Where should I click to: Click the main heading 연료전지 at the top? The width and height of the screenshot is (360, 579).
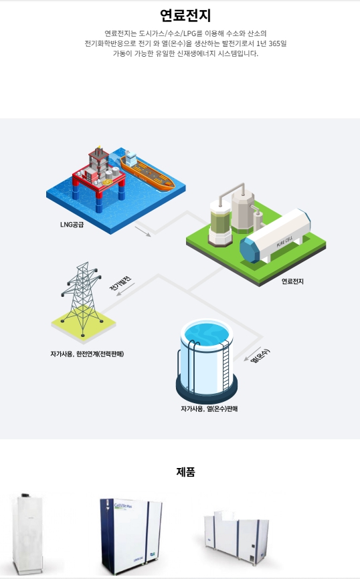pos(185,15)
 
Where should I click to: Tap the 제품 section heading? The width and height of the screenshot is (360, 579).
pos(185,471)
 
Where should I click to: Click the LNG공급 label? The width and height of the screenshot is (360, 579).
pos(72,225)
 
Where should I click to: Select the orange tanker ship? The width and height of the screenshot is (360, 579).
pos(147,171)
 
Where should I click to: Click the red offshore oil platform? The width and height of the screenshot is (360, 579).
pos(99,178)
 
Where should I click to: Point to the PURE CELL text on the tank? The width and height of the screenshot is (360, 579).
pos(284,241)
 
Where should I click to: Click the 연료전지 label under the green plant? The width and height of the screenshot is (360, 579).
pos(292,281)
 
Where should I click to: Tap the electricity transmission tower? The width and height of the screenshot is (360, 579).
pos(82,298)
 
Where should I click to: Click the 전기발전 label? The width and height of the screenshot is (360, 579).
pos(120,283)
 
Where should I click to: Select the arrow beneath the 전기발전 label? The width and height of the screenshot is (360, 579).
pos(126,289)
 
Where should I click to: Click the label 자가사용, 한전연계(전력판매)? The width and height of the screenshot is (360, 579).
pos(87,354)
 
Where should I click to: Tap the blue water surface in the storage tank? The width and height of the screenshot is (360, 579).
pos(207,334)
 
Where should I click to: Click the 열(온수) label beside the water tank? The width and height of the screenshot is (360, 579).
pos(260,355)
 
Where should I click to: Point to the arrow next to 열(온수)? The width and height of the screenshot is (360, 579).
pos(253,354)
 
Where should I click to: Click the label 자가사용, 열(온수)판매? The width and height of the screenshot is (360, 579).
pos(209,409)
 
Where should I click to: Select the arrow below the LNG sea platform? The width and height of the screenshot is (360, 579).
pos(143,231)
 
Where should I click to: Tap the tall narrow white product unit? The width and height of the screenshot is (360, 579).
pos(27,534)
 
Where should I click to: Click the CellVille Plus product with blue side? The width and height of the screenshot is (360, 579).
pos(131,536)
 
